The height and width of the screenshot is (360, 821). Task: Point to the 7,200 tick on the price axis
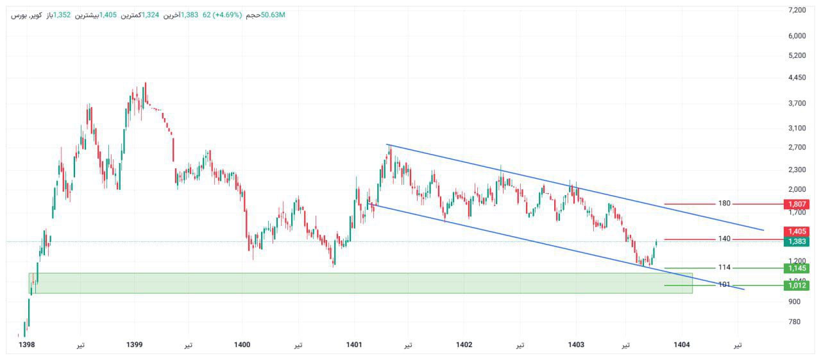click(797, 10)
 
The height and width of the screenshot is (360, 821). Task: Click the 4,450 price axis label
click(797, 78)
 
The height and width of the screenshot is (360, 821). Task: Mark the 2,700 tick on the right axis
click(797, 148)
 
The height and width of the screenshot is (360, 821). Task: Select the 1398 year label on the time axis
click(27, 345)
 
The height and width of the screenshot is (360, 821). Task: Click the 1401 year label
click(353, 345)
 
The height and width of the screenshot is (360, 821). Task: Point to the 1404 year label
click(682, 345)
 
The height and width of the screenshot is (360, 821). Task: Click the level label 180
click(724, 203)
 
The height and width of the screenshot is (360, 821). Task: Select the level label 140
click(724, 239)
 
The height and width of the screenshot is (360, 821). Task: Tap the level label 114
click(724, 268)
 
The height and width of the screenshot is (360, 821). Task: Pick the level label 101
click(724, 284)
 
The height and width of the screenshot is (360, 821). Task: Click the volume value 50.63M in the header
click(273, 15)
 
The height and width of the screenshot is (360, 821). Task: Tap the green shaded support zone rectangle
click(359, 283)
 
